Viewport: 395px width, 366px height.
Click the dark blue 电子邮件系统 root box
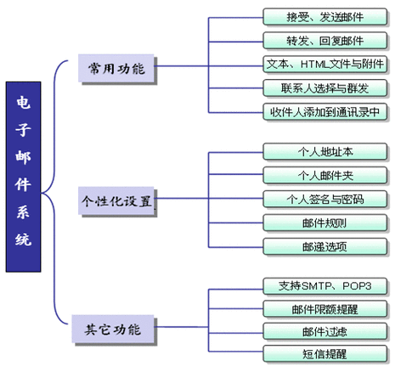(23, 177)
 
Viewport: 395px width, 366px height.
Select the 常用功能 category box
(116, 68)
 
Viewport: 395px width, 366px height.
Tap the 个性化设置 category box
(116, 200)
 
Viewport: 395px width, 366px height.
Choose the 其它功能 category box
(113, 329)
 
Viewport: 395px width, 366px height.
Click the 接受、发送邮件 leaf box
(324, 17)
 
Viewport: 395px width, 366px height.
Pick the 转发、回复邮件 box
(324, 41)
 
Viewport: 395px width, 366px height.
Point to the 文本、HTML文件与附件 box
(324, 65)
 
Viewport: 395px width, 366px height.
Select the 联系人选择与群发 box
(324, 88)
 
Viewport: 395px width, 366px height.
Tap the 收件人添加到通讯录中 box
(324, 112)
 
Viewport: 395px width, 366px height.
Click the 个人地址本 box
(324, 152)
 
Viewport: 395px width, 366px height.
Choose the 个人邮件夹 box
(324, 176)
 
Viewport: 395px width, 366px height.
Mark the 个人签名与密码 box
(324, 200)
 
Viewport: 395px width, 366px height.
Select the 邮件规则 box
(324, 223)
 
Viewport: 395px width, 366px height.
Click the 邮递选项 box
(324, 247)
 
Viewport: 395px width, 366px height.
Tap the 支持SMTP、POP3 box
(324, 286)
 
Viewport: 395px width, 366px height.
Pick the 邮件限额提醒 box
(324, 309)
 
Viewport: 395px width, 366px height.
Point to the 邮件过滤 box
(324, 331)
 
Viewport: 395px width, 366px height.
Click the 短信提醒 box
(324, 353)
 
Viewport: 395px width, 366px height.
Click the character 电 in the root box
(23, 103)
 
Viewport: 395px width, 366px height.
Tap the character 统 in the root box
(23, 239)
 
